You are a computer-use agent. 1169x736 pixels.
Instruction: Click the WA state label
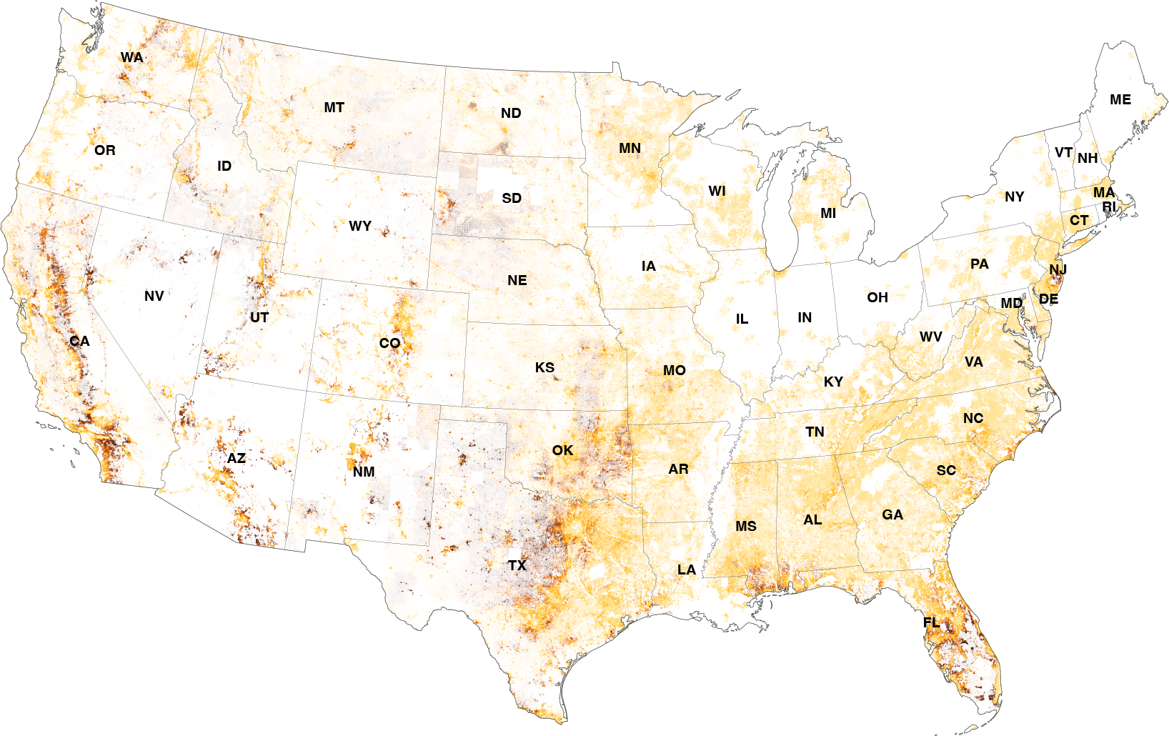pyautogui.click(x=131, y=58)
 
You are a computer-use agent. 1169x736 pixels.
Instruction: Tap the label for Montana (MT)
pyautogui.click(x=334, y=108)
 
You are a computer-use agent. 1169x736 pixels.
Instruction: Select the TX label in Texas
pyautogui.click(x=517, y=566)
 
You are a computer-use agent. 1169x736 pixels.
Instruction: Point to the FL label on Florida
pyautogui.click(x=931, y=622)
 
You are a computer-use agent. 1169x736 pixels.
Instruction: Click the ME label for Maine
pyautogui.click(x=1120, y=100)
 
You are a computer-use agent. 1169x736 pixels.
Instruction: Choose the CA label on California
pyautogui.click(x=79, y=342)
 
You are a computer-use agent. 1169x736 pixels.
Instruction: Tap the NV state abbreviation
pyautogui.click(x=154, y=296)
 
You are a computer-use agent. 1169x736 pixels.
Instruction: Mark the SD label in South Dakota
pyautogui.click(x=512, y=198)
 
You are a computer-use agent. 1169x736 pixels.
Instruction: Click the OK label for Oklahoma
pyautogui.click(x=562, y=450)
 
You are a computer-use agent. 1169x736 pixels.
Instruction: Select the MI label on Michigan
pyautogui.click(x=828, y=213)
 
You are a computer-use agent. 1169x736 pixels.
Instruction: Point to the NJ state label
pyautogui.click(x=1058, y=269)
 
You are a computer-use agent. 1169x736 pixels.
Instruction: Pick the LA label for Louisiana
pyautogui.click(x=687, y=570)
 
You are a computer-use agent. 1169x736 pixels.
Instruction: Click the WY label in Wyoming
pyautogui.click(x=360, y=227)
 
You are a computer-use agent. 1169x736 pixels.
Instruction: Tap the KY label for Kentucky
pyautogui.click(x=833, y=382)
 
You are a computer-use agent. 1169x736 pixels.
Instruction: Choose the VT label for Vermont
pyautogui.click(x=1063, y=153)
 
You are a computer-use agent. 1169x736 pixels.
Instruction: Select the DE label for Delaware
pyautogui.click(x=1048, y=299)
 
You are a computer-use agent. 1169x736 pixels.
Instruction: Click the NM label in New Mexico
pyautogui.click(x=364, y=472)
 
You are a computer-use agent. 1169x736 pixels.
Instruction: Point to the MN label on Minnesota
pyautogui.click(x=630, y=149)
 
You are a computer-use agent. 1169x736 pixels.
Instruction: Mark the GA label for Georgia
pyautogui.click(x=892, y=514)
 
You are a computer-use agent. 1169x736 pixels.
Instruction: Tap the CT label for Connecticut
pyautogui.click(x=1079, y=220)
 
